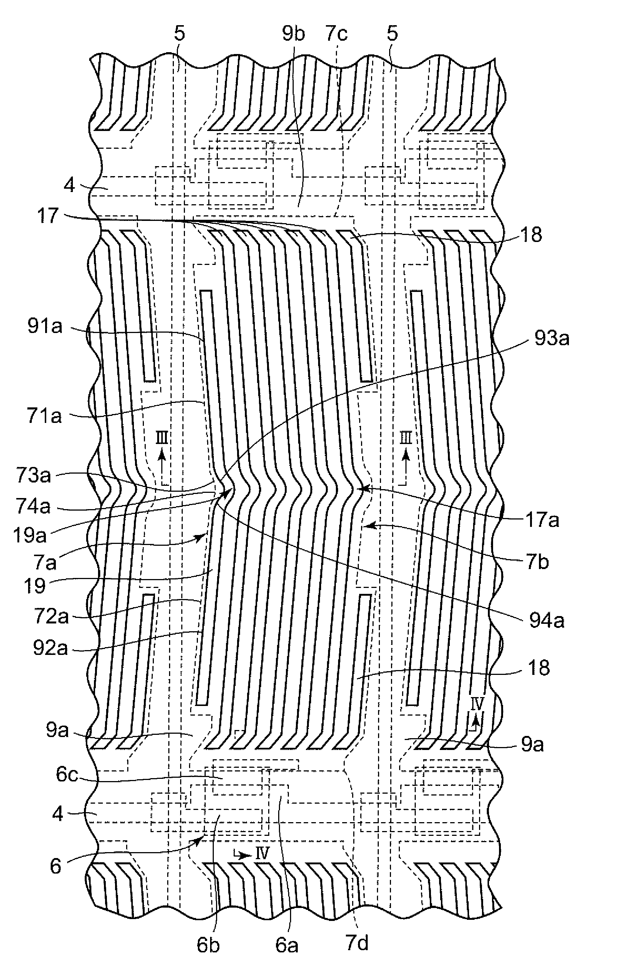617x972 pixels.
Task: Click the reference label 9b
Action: coord(293,34)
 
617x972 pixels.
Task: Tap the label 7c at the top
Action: coord(336,34)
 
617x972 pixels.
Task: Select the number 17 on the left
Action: coord(48,216)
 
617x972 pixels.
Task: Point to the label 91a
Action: coord(45,327)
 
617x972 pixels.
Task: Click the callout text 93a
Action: coord(552,338)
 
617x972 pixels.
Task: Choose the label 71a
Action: coord(44,416)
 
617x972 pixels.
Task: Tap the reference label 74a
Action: coord(34,506)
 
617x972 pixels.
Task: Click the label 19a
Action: coord(30,535)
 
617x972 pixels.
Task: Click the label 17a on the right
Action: coord(542,520)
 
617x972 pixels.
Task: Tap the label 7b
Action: coord(537,562)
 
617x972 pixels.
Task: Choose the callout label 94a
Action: coord(546,620)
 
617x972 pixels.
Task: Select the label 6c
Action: coord(67,775)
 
